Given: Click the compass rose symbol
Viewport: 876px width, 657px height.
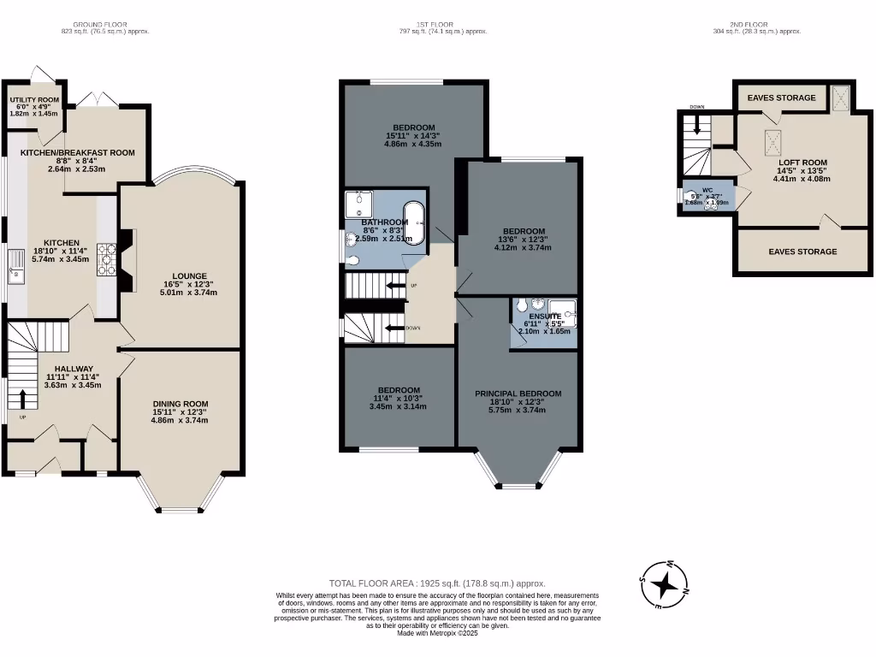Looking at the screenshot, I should pyautogui.click(x=664, y=586).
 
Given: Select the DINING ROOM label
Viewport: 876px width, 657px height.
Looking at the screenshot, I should pyautogui.click(x=181, y=404).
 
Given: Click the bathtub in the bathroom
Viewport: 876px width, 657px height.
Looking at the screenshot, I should pyautogui.click(x=413, y=224).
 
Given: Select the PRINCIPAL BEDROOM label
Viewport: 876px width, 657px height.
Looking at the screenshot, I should pyautogui.click(x=518, y=394).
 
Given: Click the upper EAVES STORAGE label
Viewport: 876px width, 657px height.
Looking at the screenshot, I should pyautogui.click(x=781, y=98).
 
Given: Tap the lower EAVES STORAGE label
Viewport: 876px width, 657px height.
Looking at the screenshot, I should pyautogui.click(x=802, y=252).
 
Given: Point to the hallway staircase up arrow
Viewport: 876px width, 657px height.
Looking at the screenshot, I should pyautogui.click(x=21, y=398).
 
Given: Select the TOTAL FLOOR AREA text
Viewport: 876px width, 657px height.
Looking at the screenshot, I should pyautogui.click(x=437, y=583).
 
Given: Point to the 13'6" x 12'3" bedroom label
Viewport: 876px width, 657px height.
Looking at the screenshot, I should pyautogui.click(x=524, y=231).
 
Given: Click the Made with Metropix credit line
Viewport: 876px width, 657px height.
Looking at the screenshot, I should pyautogui.click(x=437, y=633).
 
